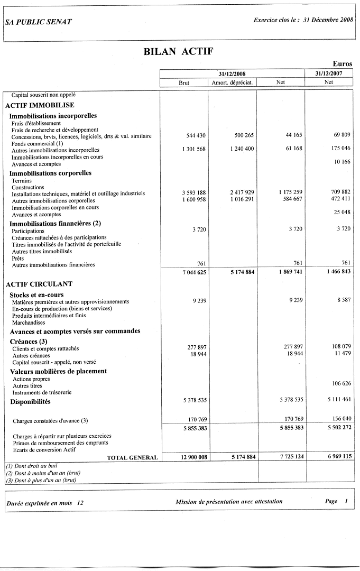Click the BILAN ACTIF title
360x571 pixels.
coord(178,51)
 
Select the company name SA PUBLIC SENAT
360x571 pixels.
coord(38,22)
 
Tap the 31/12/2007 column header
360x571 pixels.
coord(329,74)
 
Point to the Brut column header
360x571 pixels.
coord(184,82)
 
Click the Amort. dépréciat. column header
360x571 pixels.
coord(232,82)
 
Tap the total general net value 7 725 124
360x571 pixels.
coord(290,457)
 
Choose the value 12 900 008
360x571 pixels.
coord(193,457)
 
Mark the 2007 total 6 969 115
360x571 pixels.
coord(339,457)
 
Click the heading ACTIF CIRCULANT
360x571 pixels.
coord(39,284)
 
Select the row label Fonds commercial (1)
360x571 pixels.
coord(37,143)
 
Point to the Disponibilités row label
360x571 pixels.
coord(30,402)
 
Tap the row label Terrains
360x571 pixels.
coord(22,181)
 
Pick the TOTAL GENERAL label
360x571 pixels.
coord(132,457)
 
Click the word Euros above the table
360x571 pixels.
coord(342,64)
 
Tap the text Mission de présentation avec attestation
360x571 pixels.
coord(229,501)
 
